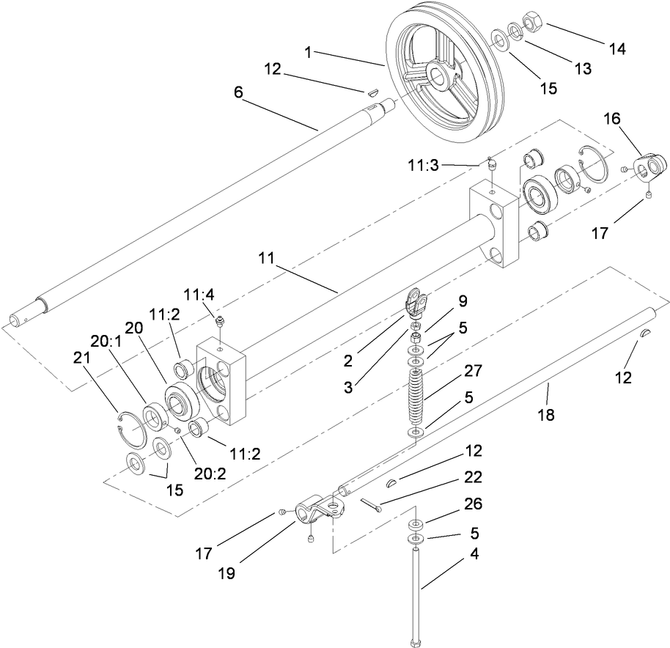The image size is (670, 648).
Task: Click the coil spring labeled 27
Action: [416, 392]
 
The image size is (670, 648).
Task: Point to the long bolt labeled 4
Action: [416, 594]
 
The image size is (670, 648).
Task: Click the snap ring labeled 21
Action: [130, 427]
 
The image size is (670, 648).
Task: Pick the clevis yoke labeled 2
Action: [416, 301]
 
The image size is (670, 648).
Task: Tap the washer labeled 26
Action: [416, 525]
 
